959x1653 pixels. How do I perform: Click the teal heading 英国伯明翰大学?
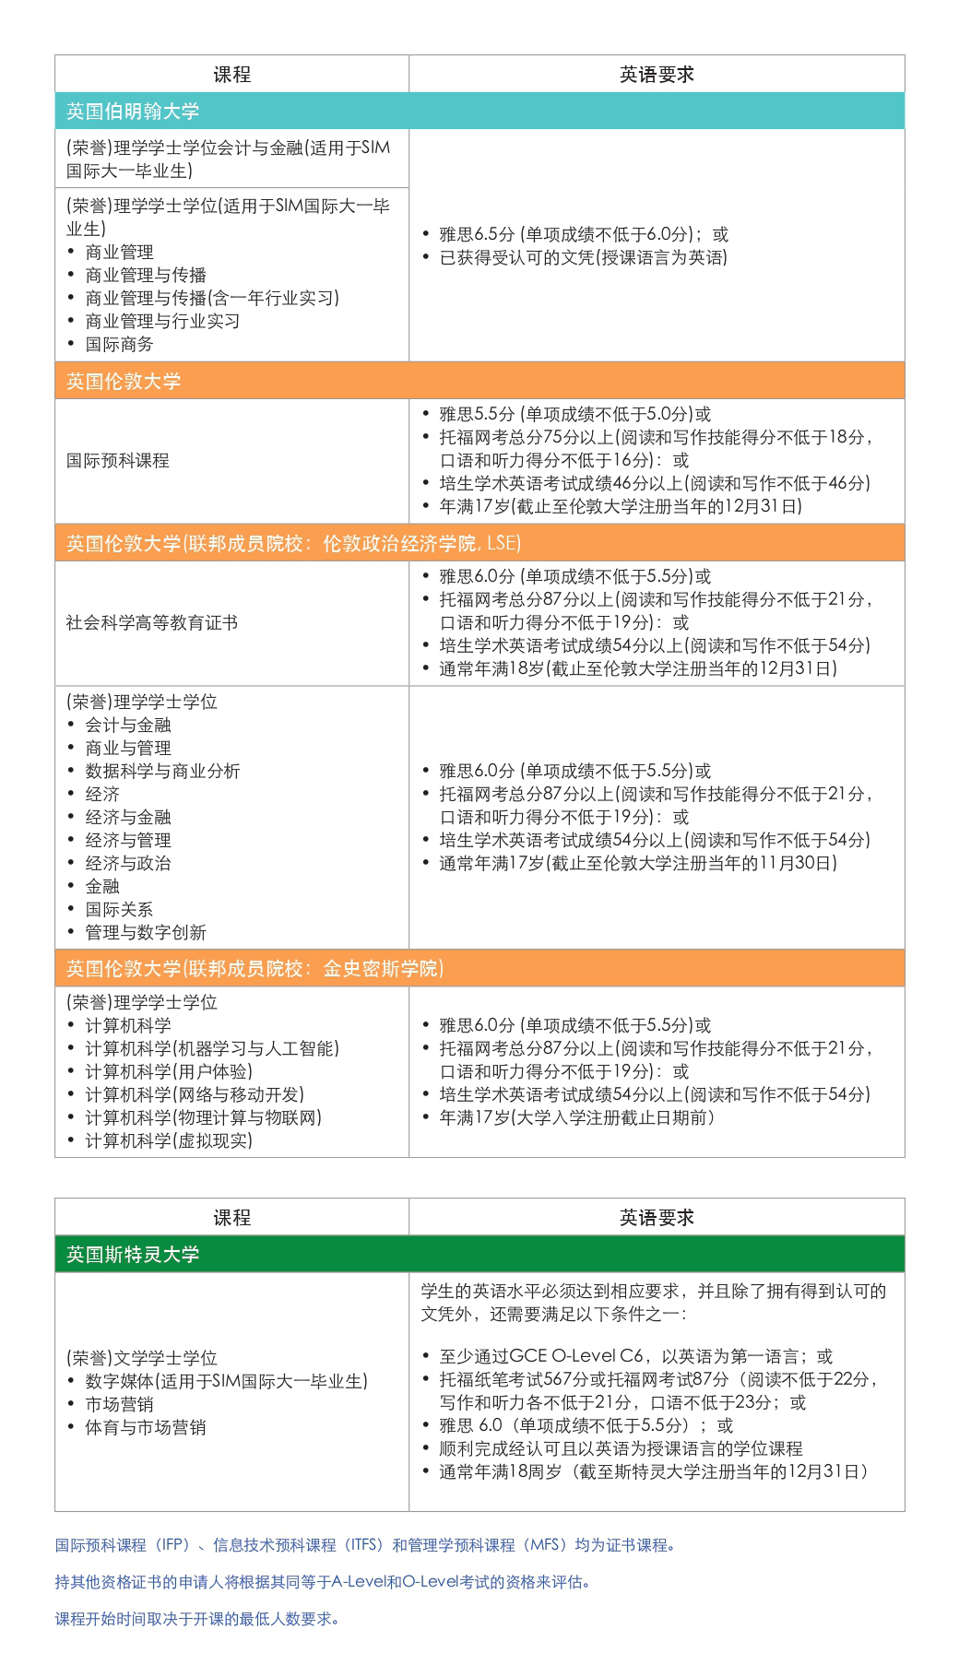[133, 112]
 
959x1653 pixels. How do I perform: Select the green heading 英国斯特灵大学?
[133, 1255]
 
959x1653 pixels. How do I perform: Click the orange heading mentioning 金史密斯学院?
[255, 968]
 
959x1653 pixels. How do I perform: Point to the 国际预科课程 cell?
[118, 460]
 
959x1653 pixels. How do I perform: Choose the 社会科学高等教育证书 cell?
[152, 623]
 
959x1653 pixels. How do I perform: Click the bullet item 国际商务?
[120, 344]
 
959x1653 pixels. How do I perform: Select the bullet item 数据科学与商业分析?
[162, 771]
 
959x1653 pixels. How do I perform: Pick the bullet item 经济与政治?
[128, 863]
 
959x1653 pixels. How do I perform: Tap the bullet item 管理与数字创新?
[146, 932]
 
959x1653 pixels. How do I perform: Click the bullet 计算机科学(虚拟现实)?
[169, 1140]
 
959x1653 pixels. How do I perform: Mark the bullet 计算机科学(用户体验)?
[169, 1071]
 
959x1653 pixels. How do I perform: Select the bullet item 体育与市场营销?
[146, 1427]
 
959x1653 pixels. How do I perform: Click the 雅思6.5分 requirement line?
[583, 234]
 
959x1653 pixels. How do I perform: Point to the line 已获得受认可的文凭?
[583, 257]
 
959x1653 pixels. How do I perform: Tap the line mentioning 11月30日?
[638, 863]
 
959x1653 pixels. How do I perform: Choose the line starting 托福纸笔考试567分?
[658, 1379]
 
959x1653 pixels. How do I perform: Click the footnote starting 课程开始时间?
[196, 1619]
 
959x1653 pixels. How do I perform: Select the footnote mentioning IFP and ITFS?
[364, 1545]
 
